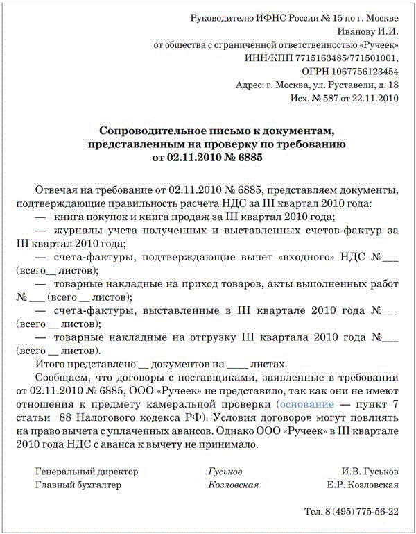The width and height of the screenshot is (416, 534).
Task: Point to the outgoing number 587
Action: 331,98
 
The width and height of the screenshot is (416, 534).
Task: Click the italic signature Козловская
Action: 233,485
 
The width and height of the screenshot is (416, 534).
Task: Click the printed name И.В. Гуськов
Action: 370,472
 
